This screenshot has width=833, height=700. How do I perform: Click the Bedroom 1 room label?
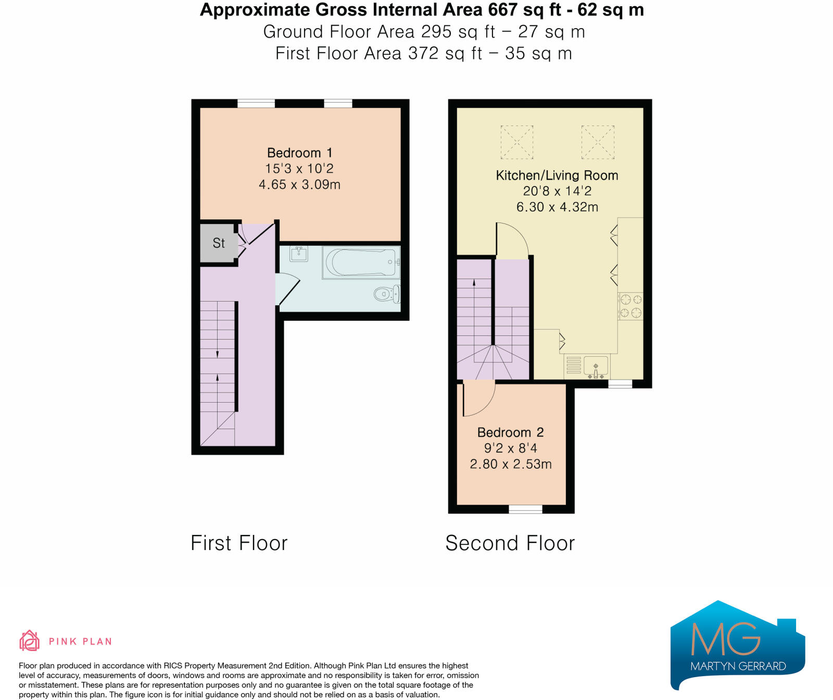tap(299, 153)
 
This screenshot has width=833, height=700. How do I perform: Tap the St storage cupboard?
tap(219, 243)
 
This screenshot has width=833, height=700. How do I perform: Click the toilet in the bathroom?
tap(387, 294)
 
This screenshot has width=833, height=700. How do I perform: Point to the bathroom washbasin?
tap(299, 254)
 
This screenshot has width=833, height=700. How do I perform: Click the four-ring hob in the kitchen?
tap(630, 306)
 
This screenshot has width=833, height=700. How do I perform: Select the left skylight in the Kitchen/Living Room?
tap(516, 142)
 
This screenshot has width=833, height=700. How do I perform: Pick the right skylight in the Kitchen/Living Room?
tap(598, 142)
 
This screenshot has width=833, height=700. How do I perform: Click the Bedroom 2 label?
tap(510, 432)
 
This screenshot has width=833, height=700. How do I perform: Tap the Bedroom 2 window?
tap(525, 509)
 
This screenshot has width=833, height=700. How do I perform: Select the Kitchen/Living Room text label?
tap(557, 176)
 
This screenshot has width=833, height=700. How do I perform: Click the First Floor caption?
tap(239, 543)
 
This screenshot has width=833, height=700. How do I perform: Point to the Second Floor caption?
tap(510, 543)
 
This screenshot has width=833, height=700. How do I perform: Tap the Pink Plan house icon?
tap(30, 641)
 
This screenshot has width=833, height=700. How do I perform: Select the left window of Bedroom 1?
tap(256, 103)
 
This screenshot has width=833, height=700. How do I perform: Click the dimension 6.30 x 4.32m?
tap(557, 207)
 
